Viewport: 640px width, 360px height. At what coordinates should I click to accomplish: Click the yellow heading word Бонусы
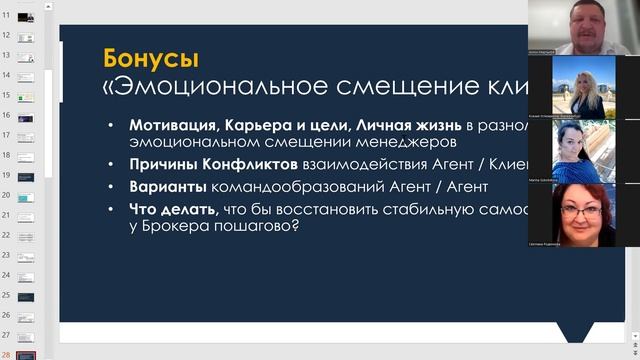(151, 57)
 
